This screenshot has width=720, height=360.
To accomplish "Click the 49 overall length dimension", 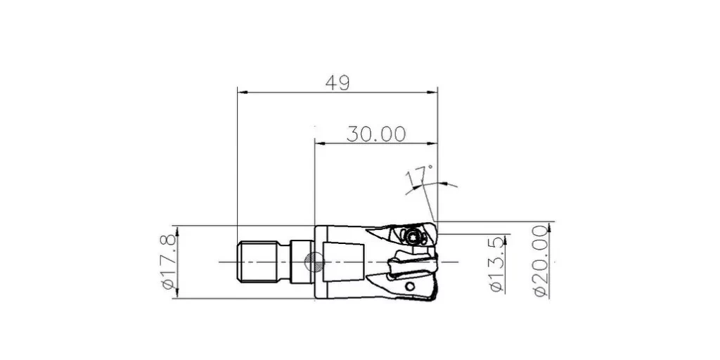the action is pyautogui.click(x=337, y=83).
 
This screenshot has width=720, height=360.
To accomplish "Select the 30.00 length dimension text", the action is pyautogui.click(x=376, y=134).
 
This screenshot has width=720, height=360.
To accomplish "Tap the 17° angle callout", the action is pyautogui.click(x=419, y=176).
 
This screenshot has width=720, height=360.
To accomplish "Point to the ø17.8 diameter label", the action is pyautogui.click(x=169, y=262).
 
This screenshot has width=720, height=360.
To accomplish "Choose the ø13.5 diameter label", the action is pyautogui.click(x=497, y=264).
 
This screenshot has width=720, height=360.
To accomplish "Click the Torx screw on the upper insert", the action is pyautogui.click(x=412, y=237).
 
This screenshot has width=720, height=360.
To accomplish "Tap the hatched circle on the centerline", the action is pyautogui.click(x=314, y=262).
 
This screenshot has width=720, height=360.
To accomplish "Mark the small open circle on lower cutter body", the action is pyautogui.click(x=410, y=287).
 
